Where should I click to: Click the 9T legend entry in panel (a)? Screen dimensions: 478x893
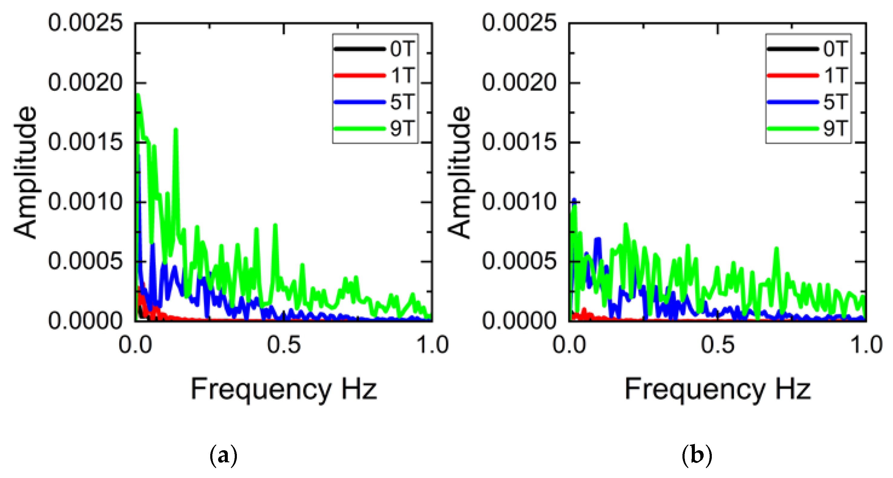402,128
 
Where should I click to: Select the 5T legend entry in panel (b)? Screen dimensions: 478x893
836,102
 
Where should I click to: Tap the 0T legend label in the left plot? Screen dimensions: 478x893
402,49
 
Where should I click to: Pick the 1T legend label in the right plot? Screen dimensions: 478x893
836,75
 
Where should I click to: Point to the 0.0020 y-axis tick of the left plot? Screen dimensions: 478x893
85,83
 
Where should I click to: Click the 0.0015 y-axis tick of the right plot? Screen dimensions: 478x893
519,142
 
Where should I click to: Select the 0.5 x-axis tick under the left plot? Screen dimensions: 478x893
283,345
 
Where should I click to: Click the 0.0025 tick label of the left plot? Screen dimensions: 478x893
85,23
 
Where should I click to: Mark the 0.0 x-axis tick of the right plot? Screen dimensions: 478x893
569,345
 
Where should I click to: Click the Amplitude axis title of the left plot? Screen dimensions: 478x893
25,172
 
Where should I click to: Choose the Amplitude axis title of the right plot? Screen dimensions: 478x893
459,172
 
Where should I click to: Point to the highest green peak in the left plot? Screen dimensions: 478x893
138,95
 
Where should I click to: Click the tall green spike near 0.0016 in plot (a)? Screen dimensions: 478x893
176,130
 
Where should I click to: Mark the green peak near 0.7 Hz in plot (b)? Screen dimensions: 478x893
777,249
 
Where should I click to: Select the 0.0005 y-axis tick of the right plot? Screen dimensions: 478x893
519,261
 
